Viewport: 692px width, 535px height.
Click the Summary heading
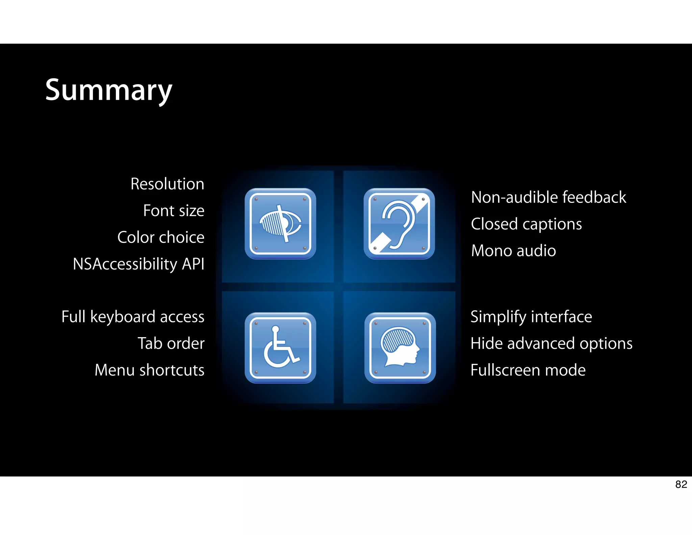coord(109,90)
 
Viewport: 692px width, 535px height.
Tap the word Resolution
coord(167,184)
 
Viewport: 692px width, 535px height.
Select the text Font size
coord(174,211)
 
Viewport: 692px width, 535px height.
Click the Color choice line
coord(161,237)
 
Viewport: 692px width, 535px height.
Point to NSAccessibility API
coord(139,264)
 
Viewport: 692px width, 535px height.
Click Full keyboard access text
coord(133,317)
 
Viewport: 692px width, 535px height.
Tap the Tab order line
coord(171,344)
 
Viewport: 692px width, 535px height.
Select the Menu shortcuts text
coord(149,370)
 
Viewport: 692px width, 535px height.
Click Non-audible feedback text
coord(548,197)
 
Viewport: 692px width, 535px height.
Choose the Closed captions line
coord(526,224)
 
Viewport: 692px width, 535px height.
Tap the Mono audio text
coord(513,251)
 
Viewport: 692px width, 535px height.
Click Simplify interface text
coord(531,317)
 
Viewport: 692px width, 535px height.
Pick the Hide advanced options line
coord(551,344)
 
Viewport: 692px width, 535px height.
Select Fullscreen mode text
coord(528,370)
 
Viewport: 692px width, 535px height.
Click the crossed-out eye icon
coord(280,224)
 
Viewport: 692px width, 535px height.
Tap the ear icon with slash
coord(399,224)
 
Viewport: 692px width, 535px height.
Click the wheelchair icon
coord(280,348)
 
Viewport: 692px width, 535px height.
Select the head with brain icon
coord(400,348)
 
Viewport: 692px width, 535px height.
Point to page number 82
coord(681,484)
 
